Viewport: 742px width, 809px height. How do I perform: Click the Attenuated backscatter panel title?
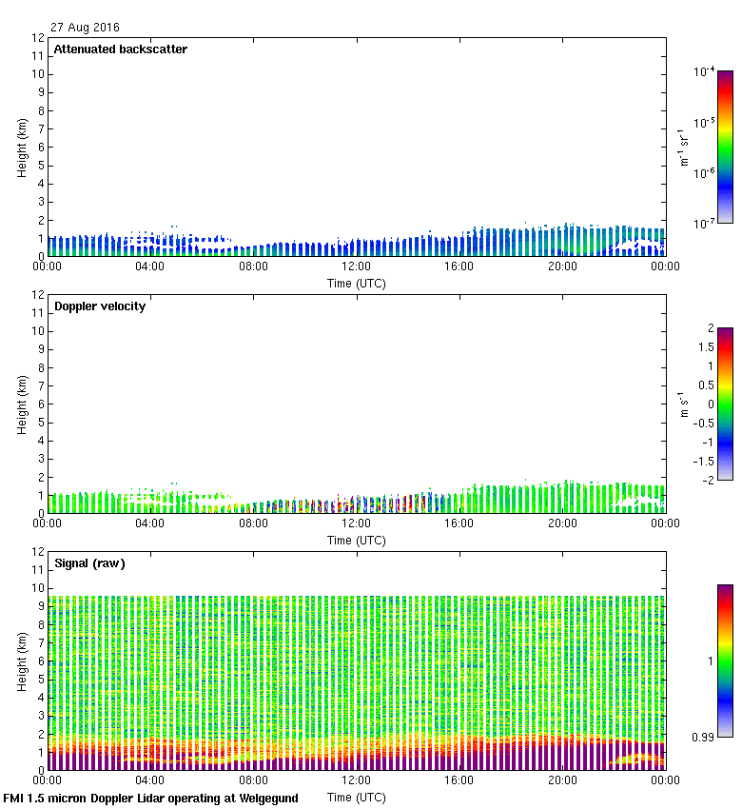121,49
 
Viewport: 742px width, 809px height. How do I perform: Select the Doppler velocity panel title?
100,306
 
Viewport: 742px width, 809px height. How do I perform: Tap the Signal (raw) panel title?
89,563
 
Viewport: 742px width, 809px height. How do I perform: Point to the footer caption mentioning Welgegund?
151,799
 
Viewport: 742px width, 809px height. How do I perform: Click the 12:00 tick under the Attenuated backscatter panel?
356,267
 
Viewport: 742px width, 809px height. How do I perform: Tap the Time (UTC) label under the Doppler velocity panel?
357,540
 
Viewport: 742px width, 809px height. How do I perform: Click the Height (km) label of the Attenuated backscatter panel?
21,148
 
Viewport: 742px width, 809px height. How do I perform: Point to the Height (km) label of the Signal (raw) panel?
21,661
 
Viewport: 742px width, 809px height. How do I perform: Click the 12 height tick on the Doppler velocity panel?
39,295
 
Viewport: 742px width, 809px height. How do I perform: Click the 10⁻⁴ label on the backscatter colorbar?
705,72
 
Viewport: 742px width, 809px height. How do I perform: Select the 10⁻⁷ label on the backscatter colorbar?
705,224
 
